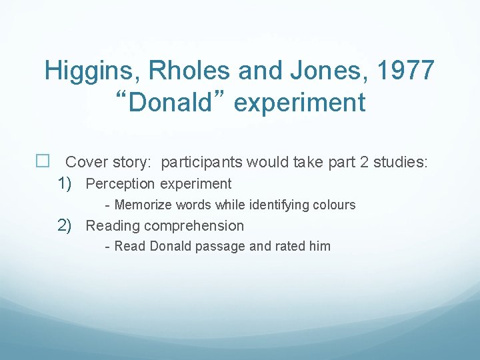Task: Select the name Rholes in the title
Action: pos(185,70)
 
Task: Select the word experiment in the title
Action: pos(299,103)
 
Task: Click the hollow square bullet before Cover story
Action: pos(43,162)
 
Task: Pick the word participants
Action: pos(203,162)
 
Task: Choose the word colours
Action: pos(334,205)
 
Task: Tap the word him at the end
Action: pos(319,247)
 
